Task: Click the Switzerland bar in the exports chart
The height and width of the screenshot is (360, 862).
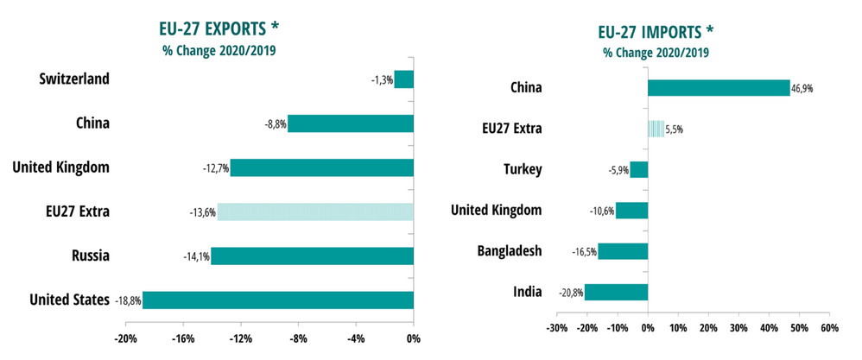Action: tap(403, 79)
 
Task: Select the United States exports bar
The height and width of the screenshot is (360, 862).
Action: tap(277, 300)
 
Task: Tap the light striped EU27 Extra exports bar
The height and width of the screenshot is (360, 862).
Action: tap(315, 212)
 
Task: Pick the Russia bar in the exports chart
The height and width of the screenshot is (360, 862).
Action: tap(312, 256)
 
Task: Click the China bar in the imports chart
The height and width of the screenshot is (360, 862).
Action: tap(719, 87)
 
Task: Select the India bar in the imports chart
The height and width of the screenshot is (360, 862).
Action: tap(616, 292)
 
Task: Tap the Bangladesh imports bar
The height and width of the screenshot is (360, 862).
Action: tap(623, 251)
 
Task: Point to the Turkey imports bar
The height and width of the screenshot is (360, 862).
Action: tap(638, 169)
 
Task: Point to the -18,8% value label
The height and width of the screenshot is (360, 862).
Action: tap(127, 300)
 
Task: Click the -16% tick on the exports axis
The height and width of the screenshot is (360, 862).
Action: tap(182, 338)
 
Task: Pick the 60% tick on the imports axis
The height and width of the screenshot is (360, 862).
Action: tap(828, 328)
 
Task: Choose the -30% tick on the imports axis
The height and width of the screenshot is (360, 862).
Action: tap(557, 328)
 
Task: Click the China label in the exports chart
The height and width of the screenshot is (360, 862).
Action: tap(92, 123)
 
